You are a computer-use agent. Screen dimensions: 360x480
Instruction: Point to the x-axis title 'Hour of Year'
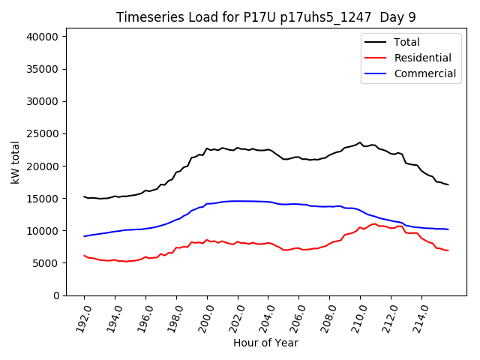(x=265, y=343)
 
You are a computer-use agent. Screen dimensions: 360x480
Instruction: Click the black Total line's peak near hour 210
(x=360, y=142)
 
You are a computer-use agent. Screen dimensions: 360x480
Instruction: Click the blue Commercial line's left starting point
(x=84, y=236)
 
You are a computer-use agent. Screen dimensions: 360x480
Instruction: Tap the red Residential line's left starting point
(x=84, y=256)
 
